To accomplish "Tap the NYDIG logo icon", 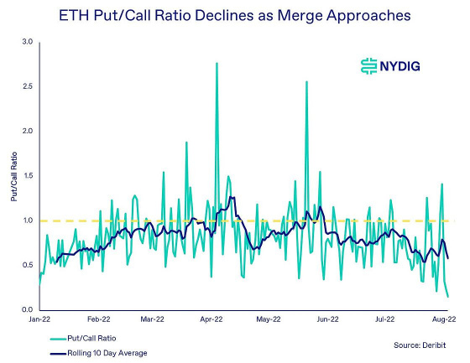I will click(x=366, y=66).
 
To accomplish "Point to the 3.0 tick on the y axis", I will click(x=27, y=42).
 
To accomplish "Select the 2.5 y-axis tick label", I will click(x=27, y=86).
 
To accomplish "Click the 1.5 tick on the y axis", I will click(x=27, y=176).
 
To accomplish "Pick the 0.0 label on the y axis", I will click(x=27, y=310).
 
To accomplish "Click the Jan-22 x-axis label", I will click(x=40, y=319).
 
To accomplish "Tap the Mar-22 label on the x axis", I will click(x=152, y=319).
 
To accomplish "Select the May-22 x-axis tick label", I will click(x=267, y=319).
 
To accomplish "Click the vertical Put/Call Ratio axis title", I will click(x=13, y=176).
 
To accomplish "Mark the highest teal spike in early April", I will click(x=217, y=63).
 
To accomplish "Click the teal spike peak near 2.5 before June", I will click(x=307, y=81).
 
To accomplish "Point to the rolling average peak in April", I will click(x=232, y=198).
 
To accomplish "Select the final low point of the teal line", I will click(x=447, y=297).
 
